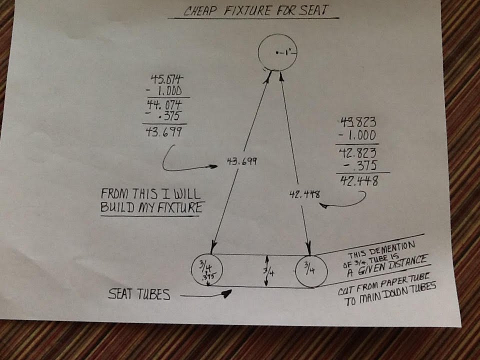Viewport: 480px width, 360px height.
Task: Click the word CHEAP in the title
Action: [200, 11]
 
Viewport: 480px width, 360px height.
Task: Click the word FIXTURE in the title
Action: [247, 10]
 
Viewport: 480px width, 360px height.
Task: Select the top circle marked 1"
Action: [258, 52]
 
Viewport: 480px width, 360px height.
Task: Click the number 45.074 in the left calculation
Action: [167, 79]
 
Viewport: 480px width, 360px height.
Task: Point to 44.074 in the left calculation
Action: [164, 104]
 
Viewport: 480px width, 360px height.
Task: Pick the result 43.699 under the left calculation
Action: [164, 131]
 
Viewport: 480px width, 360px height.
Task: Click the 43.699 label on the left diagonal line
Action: [242, 161]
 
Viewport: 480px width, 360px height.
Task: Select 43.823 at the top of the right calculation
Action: [358, 122]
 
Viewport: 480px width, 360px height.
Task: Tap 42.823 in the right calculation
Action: [358, 153]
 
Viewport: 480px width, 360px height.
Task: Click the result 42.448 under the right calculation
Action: [359, 180]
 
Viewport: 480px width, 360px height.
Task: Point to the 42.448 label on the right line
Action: [304, 194]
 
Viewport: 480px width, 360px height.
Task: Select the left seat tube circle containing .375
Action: [191, 269]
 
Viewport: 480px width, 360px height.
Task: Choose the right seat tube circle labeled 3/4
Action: [295, 271]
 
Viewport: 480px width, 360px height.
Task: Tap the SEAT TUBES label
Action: [139, 294]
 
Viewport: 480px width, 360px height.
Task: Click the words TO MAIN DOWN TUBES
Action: [390, 294]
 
